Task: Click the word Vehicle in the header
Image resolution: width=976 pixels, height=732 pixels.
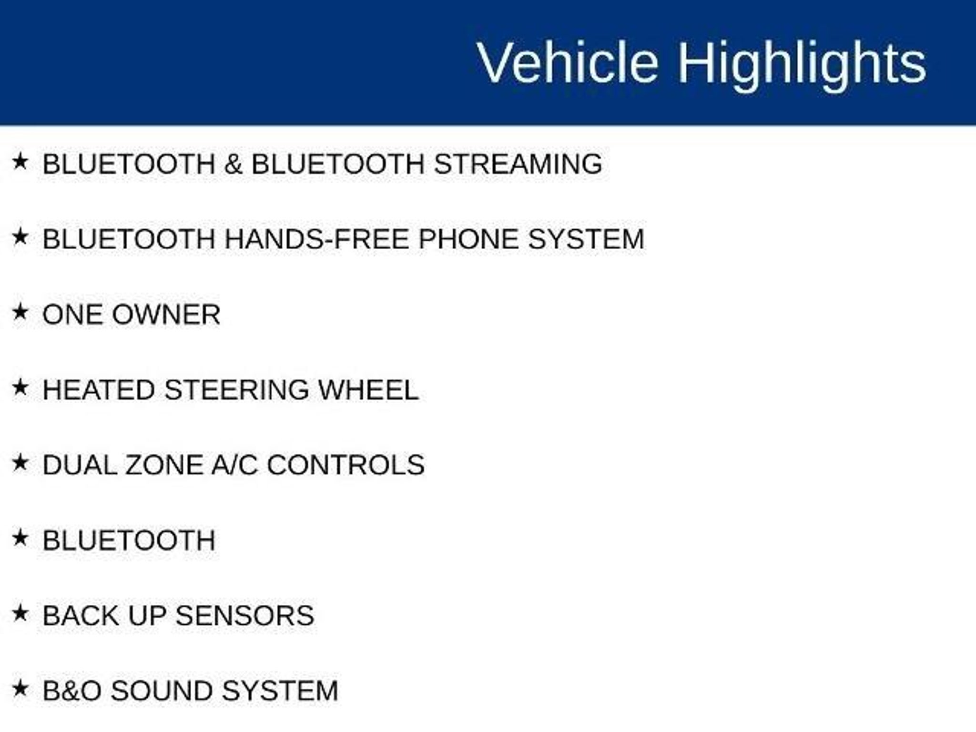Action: coord(568,62)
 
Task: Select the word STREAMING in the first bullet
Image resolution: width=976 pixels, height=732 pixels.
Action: coord(518,164)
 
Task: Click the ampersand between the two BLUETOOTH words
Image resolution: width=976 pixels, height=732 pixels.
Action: coord(234,164)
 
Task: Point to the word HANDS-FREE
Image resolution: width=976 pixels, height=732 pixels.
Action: coord(316,239)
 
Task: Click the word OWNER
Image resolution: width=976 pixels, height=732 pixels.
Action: coord(166,315)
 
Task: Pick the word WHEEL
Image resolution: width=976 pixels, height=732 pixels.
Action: coord(368,390)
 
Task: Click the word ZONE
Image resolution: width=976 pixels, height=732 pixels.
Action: coord(164,465)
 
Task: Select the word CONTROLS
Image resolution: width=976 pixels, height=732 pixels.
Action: coord(346,465)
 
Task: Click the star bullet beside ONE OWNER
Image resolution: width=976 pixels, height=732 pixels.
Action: coord(20,313)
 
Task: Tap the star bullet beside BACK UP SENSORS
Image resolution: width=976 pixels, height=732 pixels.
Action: coord(20,613)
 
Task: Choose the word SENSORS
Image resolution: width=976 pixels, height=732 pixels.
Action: coord(245,616)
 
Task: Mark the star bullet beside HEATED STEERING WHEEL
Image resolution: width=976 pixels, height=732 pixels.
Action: coord(20,387)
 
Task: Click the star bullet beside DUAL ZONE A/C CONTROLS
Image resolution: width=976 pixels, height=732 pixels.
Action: coord(20,463)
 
